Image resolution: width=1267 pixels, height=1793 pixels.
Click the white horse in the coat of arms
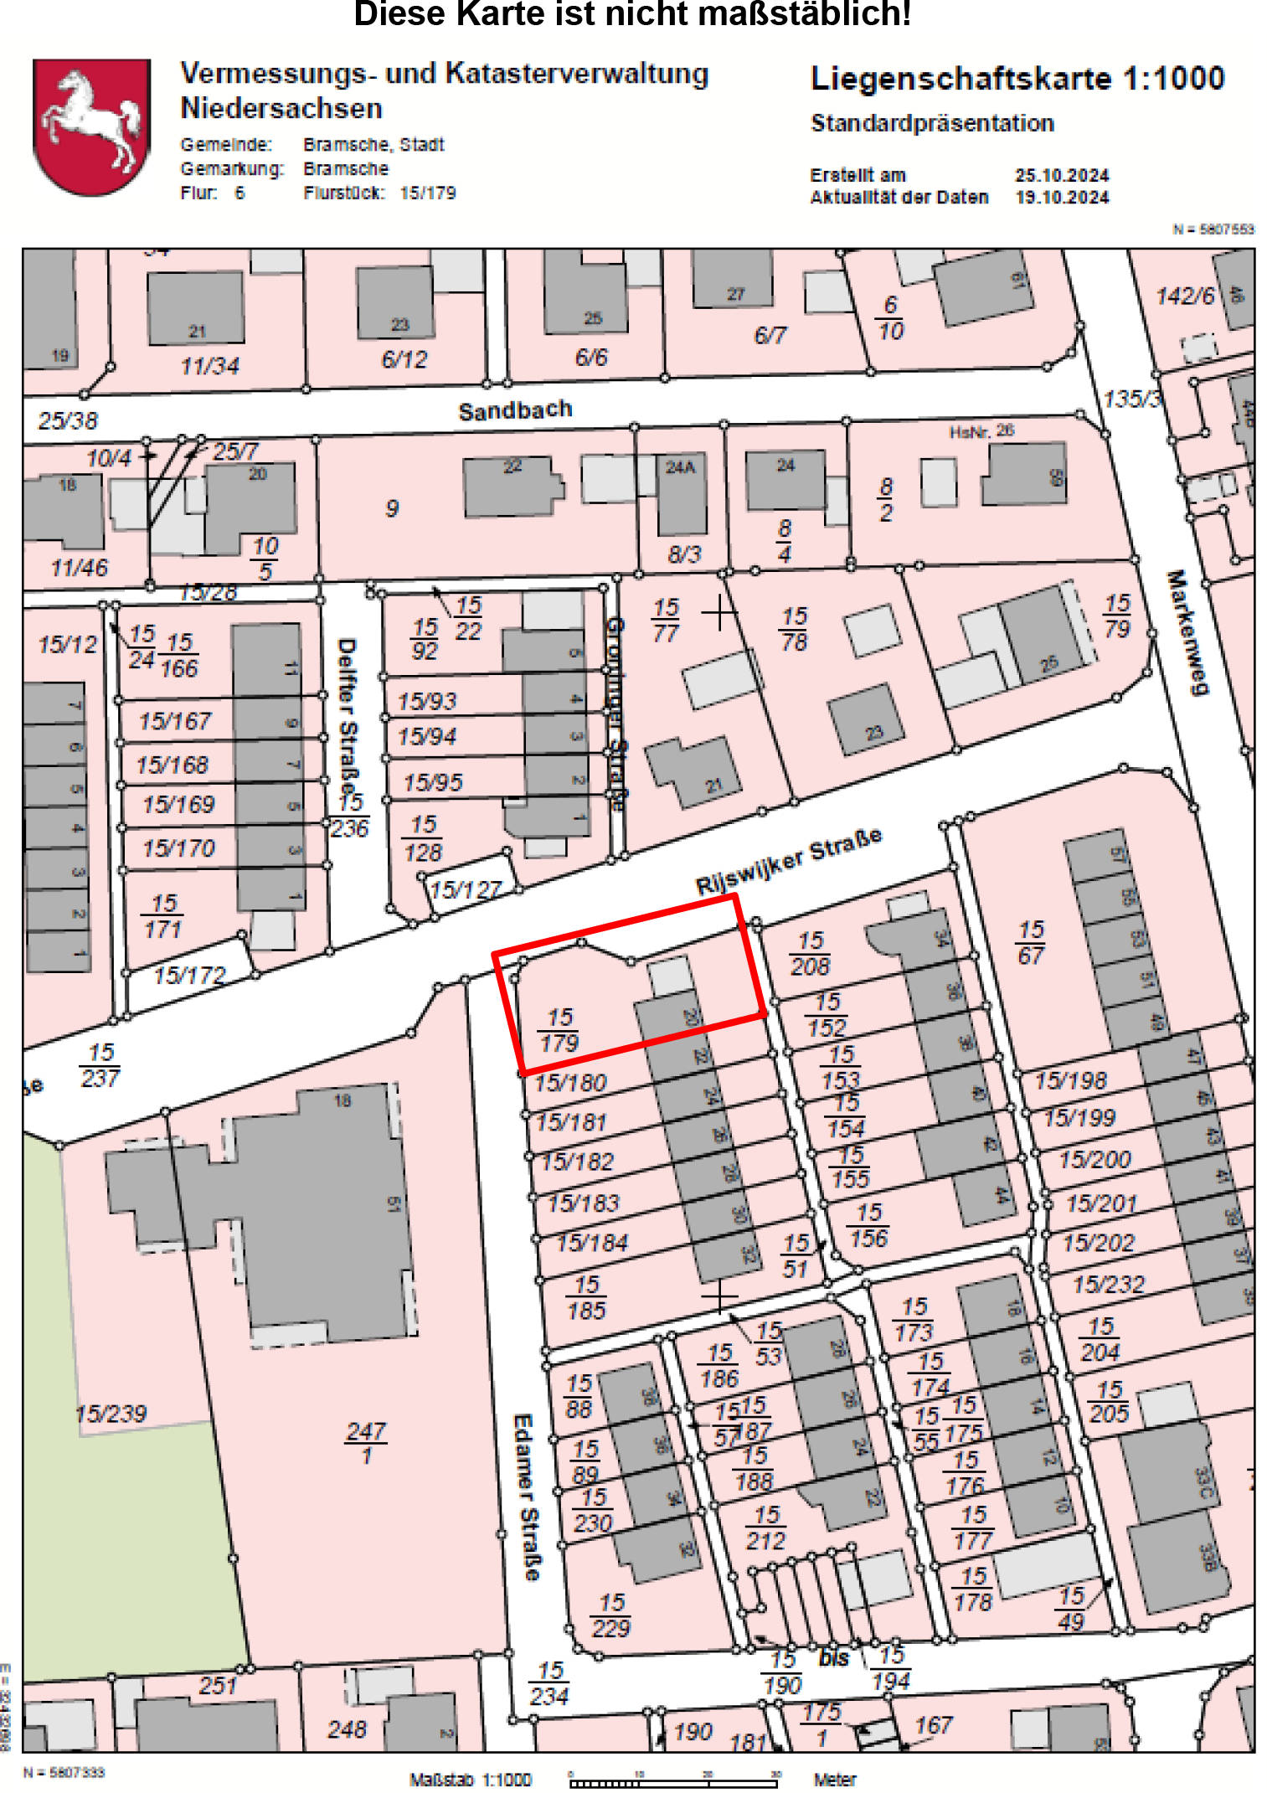[x=90, y=121]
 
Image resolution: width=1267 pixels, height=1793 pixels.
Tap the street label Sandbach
[x=515, y=410]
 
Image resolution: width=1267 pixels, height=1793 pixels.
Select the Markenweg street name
[x=1187, y=632]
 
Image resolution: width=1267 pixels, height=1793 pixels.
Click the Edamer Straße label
[x=526, y=1497]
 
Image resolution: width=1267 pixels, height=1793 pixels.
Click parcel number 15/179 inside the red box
[x=559, y=1030]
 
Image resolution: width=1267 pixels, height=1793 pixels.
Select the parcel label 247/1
[x=366, y=1442]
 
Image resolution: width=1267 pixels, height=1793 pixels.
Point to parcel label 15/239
[x=111, y=1414]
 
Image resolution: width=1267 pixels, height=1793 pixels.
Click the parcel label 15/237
[x=100, y=1064]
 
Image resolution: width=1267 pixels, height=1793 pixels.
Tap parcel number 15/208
[x=810, y=953]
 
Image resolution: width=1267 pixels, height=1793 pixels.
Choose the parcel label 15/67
[x=1031, y=942]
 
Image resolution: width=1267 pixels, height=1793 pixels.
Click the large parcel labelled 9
[x=392, y=508]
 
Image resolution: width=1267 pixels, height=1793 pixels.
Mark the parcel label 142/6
[x=1184, y=296]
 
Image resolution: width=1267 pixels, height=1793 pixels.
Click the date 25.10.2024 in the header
[x=1062, y=175]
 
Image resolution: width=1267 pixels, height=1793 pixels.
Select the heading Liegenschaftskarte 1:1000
[x=1017, y=79]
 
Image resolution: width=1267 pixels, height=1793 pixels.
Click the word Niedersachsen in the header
[x=281, y=109]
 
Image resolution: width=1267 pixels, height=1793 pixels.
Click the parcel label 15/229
[x=611, y=1615]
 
